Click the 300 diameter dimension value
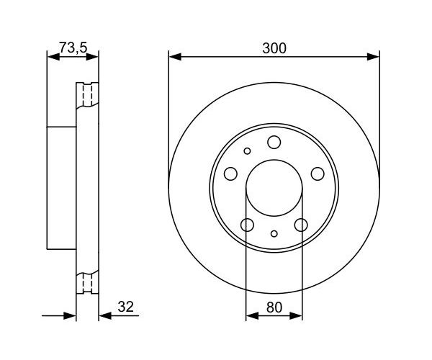pos(274,48)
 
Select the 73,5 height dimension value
pos(73,48)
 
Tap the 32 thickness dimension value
pos(125,307)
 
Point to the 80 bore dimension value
pos(274,307)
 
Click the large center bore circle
pos(274,160)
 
